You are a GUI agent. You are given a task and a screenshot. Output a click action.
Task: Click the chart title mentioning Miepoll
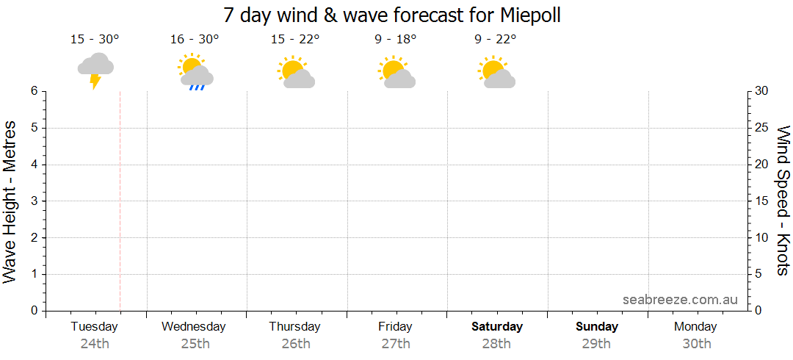pos(392,15)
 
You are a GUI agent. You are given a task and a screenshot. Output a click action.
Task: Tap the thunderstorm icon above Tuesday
pos(95,71)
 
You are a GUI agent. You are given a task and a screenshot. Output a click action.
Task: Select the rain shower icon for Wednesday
pos(195,71)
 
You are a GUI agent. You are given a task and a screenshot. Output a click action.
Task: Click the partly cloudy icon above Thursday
pos(295,72)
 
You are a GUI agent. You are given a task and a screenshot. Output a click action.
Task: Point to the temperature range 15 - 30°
pos(95,39)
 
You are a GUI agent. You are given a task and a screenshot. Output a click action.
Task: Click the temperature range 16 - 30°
pos(195,39)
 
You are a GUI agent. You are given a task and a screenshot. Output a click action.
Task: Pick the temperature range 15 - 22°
pos(295,39)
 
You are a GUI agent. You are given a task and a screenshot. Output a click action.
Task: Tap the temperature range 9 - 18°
pos(395,39)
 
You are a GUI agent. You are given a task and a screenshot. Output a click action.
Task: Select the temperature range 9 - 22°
pos(496,39)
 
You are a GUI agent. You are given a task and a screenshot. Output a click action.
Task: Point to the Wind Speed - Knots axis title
pos(783,200)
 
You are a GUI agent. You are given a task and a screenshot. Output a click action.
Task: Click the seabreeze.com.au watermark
pos(680,299)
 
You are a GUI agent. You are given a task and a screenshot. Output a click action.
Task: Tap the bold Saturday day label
pos(497,326)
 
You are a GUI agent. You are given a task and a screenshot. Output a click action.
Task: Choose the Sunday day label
pos(597,326)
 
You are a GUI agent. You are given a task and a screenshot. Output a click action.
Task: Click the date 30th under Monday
pos(697,343)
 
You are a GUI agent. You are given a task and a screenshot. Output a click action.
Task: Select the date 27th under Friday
pos(396,343)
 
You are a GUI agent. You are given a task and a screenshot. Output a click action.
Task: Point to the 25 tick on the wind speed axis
pos(762,128)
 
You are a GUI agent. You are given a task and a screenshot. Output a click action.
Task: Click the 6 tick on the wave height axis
pos(34,91)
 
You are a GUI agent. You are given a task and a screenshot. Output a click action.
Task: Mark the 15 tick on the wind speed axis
pos(762,201)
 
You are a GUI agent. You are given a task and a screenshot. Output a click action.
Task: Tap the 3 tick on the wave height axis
pos(34,201)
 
